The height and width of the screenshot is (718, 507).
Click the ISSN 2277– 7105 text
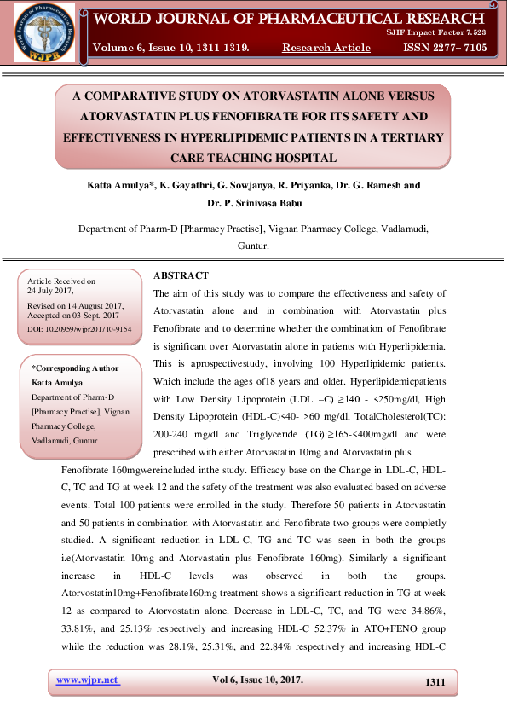point(444,48)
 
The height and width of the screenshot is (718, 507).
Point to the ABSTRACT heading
point(181,275)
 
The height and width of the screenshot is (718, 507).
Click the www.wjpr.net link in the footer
point(88,680)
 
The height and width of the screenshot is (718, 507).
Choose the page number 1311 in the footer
point(435,681)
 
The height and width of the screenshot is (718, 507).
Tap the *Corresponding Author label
point(75,368)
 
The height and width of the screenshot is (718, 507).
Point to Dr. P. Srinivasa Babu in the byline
point(253,203)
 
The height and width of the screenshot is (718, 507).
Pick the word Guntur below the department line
point(252,245)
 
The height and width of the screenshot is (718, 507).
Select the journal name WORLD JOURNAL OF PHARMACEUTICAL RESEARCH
point(289,19)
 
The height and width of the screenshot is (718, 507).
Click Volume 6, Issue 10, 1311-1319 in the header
point(170,48)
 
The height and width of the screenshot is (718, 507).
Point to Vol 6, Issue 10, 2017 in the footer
point(257,680)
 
